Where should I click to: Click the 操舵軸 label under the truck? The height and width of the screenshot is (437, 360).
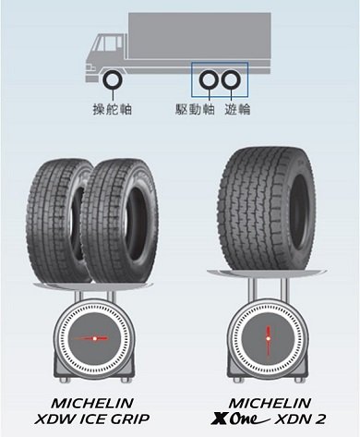113,109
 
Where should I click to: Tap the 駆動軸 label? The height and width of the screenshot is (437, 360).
195,109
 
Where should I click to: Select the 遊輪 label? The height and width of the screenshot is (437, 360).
237,109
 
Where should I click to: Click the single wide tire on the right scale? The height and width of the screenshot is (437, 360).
267,209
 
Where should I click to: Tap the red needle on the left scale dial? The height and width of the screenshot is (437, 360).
91,338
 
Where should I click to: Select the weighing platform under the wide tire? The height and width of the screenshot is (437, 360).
267,273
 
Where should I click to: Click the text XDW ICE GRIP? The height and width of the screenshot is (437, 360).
92,419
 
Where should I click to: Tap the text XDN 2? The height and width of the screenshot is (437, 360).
299,419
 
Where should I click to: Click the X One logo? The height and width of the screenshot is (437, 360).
240,419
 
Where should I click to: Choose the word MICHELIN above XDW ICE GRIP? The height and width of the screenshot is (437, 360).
92,403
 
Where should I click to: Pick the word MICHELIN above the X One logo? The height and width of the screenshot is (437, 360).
270,403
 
